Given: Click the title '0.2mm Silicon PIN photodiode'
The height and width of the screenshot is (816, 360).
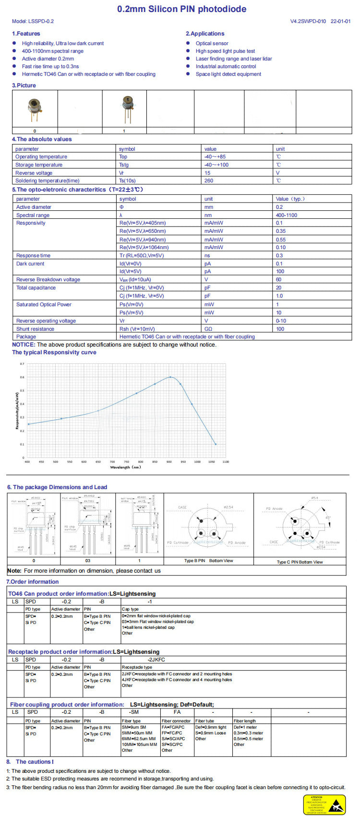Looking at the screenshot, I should [x=182, y=9].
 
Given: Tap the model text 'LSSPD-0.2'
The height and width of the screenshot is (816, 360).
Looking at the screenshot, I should [x=41, y=22].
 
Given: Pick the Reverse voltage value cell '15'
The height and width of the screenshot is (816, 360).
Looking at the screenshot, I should [x=207, y=173].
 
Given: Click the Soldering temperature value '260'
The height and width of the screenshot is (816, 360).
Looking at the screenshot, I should [x=209, y=181].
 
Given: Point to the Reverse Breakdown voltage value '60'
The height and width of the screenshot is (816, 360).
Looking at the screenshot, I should [x=278, y=280].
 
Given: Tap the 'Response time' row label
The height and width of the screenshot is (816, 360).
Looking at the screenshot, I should [x=33, y=256].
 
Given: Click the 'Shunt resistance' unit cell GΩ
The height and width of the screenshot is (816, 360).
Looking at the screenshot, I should [x=208, y=329].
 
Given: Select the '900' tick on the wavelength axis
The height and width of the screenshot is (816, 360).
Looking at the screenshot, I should [x=169, y=462].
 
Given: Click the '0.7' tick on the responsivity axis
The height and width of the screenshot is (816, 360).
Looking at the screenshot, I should [x=22, y=364].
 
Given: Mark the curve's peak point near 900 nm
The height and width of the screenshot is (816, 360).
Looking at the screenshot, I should [x=170, y=377].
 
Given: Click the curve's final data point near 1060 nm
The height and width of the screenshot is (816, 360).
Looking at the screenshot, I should [x=216, y=444].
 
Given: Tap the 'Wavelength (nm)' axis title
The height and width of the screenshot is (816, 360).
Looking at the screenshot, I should [x=126, y=467].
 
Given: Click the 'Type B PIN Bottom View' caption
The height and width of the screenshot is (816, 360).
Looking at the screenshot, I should [x=209, y=561].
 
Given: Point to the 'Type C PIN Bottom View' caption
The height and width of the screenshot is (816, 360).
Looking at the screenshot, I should [x=300, y=562].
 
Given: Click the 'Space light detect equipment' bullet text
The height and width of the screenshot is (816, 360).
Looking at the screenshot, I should [x=228, y=74].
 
